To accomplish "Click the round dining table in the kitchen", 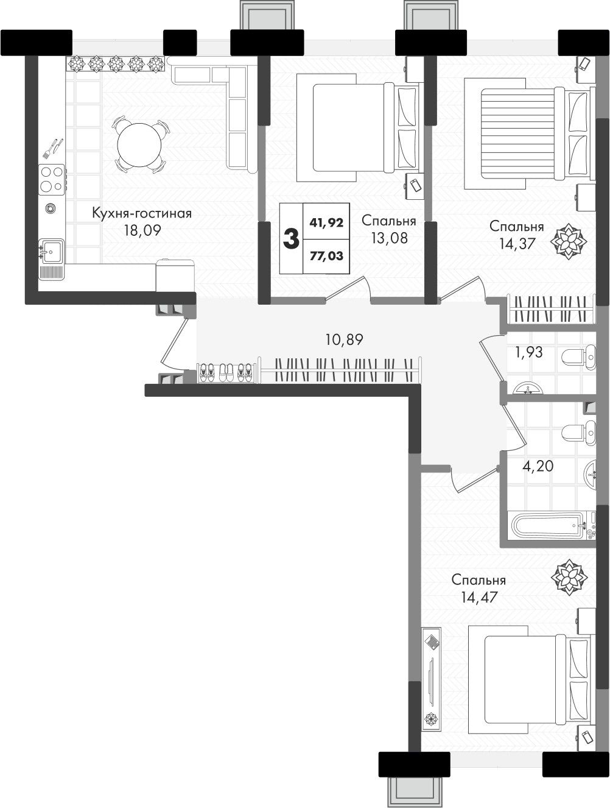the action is pos(139,144).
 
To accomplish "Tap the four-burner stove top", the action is pos(52,180).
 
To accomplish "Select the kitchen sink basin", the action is pos(52,251).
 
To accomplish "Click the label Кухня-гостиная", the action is pos(142,213).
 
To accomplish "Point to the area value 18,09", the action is pos(142,231).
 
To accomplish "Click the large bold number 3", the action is pos(291,239).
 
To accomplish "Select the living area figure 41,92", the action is pos(326,222).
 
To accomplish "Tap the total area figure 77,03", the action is pos(326,255).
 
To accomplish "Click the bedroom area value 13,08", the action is pos(390,238).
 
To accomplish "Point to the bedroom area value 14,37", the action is pos(517,243).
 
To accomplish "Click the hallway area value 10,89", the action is pos(345,339).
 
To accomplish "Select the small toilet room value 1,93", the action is pos(529,352).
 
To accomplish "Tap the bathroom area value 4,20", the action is pos(538,466).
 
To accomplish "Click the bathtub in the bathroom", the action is pos(551,525).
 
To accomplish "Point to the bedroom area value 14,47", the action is pos(479,597).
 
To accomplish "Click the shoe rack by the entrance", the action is pos(225,373).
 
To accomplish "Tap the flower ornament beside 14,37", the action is pos(569,241).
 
